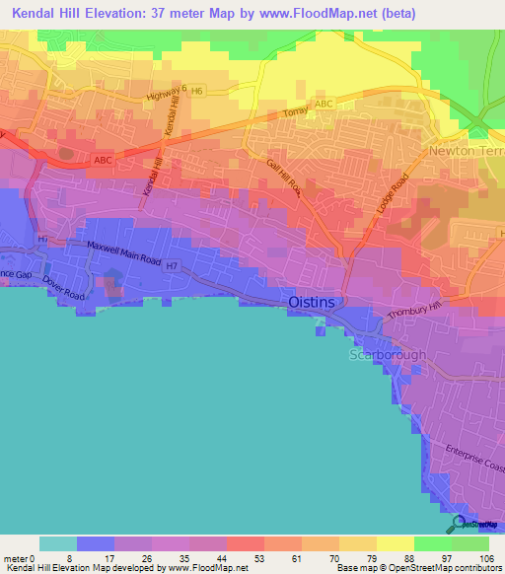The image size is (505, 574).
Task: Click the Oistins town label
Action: pos(315,303)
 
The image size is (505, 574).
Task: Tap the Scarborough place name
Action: pos(387,354)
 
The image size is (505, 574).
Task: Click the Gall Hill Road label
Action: pos(283,179)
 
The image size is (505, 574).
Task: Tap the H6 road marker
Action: pos(197,91)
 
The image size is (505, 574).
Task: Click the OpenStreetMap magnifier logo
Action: pos(459,524)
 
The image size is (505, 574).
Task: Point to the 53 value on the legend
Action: pos(233,557)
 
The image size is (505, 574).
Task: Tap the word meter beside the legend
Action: pos(17,557)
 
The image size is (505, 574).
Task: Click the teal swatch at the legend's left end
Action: pos(57,543)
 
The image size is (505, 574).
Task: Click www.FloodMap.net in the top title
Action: pos(323,14)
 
